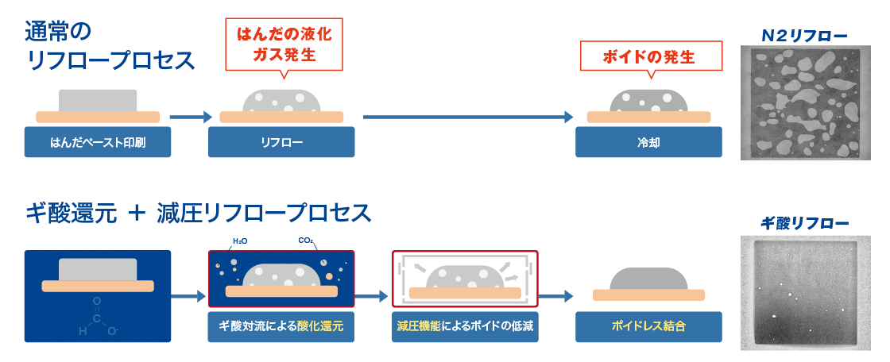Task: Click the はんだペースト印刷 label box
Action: point(98,142)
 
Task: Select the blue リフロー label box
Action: point(281,142)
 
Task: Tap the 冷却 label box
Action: point(648,142)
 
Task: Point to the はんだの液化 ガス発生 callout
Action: point(284,44)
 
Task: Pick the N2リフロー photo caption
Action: point(803,35)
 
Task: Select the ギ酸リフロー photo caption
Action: point(804,223)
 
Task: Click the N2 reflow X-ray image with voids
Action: point(803,102)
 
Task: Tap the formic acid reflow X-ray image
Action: point(803,293)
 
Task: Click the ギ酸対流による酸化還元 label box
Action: point(281,327)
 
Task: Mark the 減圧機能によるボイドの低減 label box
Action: point(465,327)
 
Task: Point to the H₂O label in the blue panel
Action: point(239,241)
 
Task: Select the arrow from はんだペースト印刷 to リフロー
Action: point(190,117)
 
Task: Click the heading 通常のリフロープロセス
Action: point(111,46)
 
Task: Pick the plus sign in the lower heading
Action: point(138,213)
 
